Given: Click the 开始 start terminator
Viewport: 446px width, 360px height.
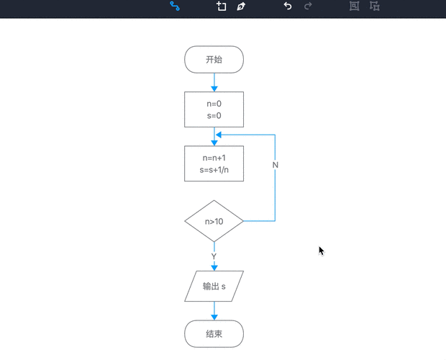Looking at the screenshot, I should click(x=214, y=60).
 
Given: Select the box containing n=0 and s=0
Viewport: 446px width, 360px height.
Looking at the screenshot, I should click(x=214, y=109).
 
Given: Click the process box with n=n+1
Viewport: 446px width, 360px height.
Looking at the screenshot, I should click(x=214, y=164).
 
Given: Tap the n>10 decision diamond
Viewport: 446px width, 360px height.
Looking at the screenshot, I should click(x=214, y=221).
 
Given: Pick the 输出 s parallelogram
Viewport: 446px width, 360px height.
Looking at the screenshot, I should click(x=214, y=287).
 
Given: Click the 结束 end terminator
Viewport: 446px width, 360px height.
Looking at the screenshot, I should click(x=214, y=334).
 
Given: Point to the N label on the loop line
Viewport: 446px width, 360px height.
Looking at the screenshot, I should click(x=276, y=165).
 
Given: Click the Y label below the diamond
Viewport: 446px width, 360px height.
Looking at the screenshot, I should click(x=214, y=256).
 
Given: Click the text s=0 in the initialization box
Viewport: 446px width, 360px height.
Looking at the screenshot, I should click(x=214, y=116).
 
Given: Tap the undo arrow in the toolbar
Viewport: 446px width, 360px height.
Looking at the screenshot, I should click(x=288, y=6).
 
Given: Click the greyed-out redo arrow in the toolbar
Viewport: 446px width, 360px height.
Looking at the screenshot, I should click(x=309, y=6).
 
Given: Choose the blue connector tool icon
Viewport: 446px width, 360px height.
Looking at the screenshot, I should click(x=174, y=6).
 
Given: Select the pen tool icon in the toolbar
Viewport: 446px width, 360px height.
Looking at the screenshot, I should click(x=241, y=6).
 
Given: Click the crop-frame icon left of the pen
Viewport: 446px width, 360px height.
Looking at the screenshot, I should click(x=222, y=6).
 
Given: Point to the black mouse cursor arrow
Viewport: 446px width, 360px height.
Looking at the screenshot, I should click(x=322, y=250).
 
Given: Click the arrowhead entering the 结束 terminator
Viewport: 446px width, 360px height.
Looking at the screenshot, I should click(x=214, y=317).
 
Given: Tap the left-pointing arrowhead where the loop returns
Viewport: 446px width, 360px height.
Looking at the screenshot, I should click(x=219, y=134).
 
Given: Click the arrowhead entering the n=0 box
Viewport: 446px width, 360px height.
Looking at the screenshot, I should click(x=214, y=89).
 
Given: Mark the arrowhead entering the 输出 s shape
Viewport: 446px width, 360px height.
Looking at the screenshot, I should click(x=214, y=267).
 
